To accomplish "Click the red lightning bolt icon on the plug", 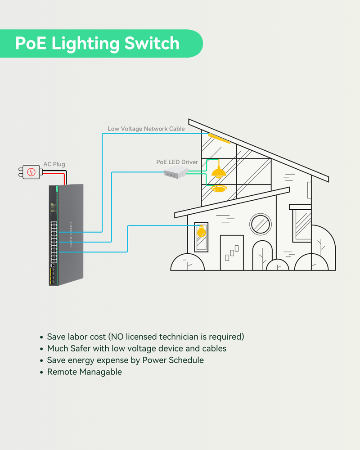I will pyautogui.click(x=31, y=171).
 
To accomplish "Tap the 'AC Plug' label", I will pyautogui.click(x=54, y=164).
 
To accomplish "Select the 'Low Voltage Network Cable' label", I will pyautogui.click(x=146, y=129).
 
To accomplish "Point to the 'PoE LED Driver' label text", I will pyautogui.click(x=177, y=162).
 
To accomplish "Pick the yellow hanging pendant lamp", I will pyautogui.click(x=218, y=172).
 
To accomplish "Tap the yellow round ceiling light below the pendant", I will pyautogui.click(x=218, y=189).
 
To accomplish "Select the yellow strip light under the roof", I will pyautogui.click(x=219, y=138).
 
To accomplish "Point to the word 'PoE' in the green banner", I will pyautogui.click(x=30, y=44).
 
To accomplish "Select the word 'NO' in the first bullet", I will pyautogui.click(x=118, y=337).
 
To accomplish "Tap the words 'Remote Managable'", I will pyautogui.click(x=85, y=372).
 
